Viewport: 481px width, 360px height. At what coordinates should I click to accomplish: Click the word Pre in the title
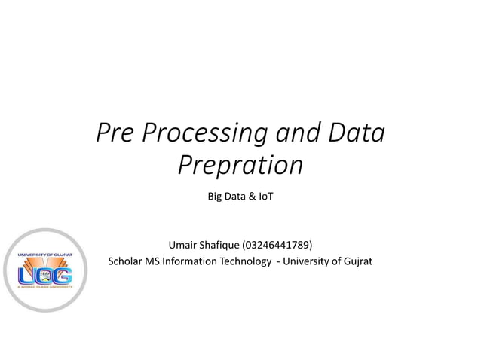116,133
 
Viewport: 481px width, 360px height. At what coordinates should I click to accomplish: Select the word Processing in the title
203,133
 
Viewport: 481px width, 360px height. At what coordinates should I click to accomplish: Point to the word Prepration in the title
240,165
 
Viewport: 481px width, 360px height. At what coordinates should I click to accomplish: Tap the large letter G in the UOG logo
62,272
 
